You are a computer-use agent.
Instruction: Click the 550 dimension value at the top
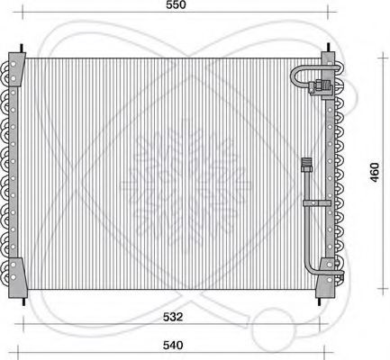point(176,4)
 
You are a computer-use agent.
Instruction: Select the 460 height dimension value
point(375,172)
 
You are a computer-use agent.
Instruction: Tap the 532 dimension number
point(173,317)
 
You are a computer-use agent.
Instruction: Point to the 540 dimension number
point(173,345)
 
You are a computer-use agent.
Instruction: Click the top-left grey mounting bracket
point(16,69)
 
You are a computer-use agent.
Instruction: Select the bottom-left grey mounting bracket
point(16,277)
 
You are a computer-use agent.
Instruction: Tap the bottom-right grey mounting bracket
point(325,277)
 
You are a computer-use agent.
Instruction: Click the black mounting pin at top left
point(22,49)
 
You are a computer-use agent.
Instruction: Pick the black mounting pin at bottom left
point(23,301)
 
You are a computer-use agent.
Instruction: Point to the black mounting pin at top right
point(329,47)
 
